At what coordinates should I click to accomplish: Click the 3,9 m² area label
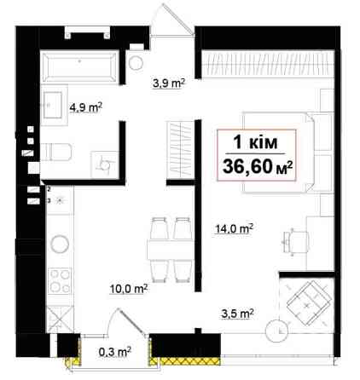pyautogui.click(x=169, y=83)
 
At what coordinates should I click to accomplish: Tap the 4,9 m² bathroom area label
pyautogui.click(x=85, y=108)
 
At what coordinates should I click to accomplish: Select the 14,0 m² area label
pyautogui.click(x=234, y=228)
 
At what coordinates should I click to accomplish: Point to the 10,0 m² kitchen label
pyautogui.click(x=129, y=289)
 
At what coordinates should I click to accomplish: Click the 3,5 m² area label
pyautogui.click(x=237, y=314)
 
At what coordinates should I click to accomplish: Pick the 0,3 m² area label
pyautogui.click(x=115, y=352)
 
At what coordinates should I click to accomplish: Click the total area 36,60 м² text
pyautogui.click(x=258, y=167)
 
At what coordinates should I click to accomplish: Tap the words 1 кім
pyautogui.click(x=255, y=142)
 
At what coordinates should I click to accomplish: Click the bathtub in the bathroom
pyautogui.click(x=80, y=66)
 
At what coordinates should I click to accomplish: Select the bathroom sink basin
pyautogui.click(x=53, y=105)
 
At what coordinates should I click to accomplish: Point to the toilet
pyautogui.click(x=56, y=152)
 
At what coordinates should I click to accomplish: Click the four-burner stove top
pyautogui.click(x=60, y=281)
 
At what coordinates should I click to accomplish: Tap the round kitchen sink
pyautogui.click(x=60, y=244)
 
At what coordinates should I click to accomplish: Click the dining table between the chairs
pyautogui.click(x=171, y=250)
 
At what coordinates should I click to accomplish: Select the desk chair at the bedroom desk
pyautogui.click(x=296, y=242)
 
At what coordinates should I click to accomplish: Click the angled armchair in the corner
pyautogui.click(x=309, y=303)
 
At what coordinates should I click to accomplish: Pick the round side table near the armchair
pyautogui.click(x=276, y=331)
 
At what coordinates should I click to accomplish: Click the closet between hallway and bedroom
pyautogui.click(x=181, y=150)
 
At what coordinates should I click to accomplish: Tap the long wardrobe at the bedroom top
pyautogui.click(x=268, y=64)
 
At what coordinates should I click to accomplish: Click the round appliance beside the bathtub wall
pyautogui.click(x=136, y=63)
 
